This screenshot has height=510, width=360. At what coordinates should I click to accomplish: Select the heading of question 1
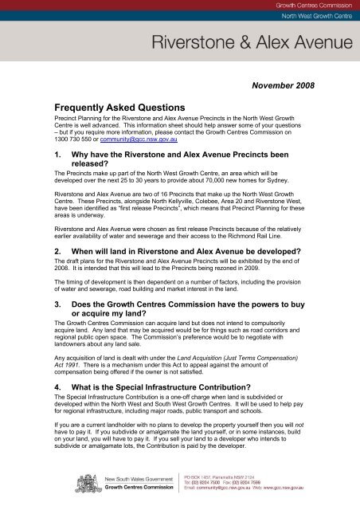159,167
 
